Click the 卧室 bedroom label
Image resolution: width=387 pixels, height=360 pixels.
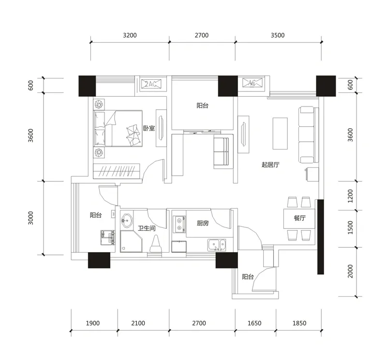pyautogui.click(x=149, y=128)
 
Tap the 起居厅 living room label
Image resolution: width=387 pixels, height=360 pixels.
pyautogui.click(x=270, y=165)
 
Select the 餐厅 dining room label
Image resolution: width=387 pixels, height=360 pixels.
pyautogui.click(x=299, y=218)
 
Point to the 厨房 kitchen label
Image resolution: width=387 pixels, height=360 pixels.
pyautogui.click(x=203, y=223)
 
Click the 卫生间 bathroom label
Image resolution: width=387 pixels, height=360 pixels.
pyautogui.click(x=147, y=228)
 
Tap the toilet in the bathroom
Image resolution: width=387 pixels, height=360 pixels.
pyautogui.click(x=156, y=244)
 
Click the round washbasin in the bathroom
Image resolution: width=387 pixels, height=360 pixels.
pyautogui.click(x=127, y=220)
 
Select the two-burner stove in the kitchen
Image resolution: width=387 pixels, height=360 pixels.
pyautogui.click(x=179, y=224)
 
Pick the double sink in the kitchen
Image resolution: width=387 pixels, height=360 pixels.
pyautogui.click(x=217, y=245)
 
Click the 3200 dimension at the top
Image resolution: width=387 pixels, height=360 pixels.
pyautogui.click(x=130, y=35)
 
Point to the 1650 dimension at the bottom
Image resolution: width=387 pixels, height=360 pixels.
pyautogui.click(x=254, y=323)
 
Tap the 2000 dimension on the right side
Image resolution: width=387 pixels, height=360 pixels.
pyautogui.click(x=350, y=271)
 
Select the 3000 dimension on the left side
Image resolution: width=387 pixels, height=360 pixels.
pyautogui.click(x=30, y=218)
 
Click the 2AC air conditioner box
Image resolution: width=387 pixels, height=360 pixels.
pyautogui.click(x=151, y=84)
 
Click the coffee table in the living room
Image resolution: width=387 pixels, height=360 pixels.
pyautogui.click(x=280, y=134)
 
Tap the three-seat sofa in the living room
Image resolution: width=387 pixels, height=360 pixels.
pyautogui.click(x=308, y=135)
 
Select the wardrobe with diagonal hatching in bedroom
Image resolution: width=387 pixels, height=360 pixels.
pyautogui.click(x=117, y=171)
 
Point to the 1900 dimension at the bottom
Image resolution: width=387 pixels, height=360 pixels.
pyautogui.click(x=93, y=323)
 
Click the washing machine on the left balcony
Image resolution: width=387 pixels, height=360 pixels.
pyautogui.click(x=108, y=238)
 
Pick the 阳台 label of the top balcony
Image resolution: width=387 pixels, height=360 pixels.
pyautogui.click(x=202, y=105)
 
